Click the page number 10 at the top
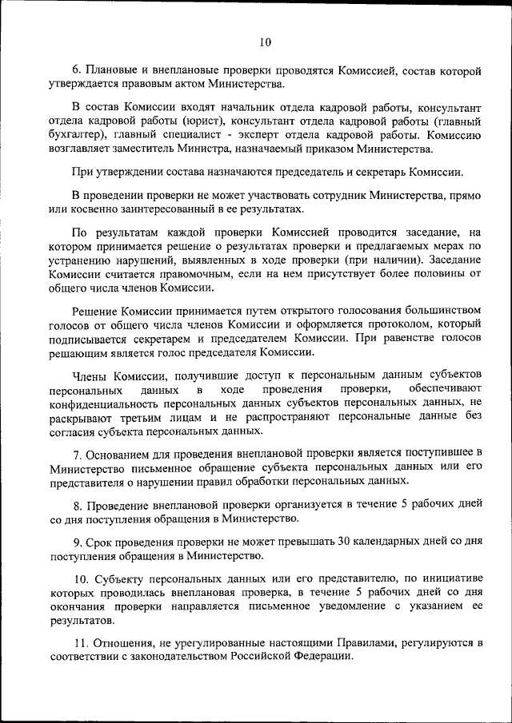pos(266,42)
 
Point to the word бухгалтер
pos(79,135)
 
